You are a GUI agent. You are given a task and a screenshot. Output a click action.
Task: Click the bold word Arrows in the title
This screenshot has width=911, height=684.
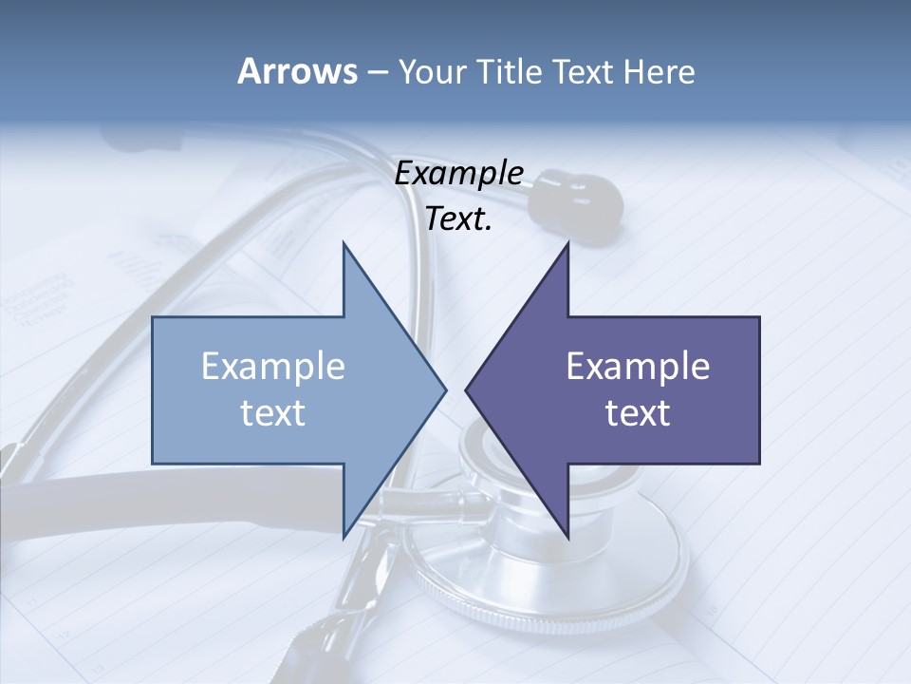click(x=297, y=71)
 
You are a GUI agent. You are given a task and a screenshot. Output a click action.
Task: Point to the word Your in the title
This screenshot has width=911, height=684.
click(x=429, y=72)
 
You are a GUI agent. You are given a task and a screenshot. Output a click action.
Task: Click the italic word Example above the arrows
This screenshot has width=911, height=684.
click(x=458, y=174)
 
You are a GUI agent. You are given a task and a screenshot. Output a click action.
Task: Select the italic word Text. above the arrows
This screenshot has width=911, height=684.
click(x=458, y=219)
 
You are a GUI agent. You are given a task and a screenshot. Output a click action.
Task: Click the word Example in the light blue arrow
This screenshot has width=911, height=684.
click(x=273, y=367)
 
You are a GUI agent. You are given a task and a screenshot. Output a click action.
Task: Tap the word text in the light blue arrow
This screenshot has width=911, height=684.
click(x=273, y=413)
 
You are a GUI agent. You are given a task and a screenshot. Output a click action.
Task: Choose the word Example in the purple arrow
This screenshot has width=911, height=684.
click(x=638, y=367)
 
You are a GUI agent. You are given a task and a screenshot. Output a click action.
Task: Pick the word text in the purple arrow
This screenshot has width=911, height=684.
click(x=638, y=413)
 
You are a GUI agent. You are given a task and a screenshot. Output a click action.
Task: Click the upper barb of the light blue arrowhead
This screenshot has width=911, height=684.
click(x=345, y=249)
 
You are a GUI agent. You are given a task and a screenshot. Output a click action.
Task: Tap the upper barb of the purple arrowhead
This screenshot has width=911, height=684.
click(x=566, y=249)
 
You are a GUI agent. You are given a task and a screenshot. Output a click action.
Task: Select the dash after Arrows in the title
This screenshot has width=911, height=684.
click(x=377, y=72)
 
